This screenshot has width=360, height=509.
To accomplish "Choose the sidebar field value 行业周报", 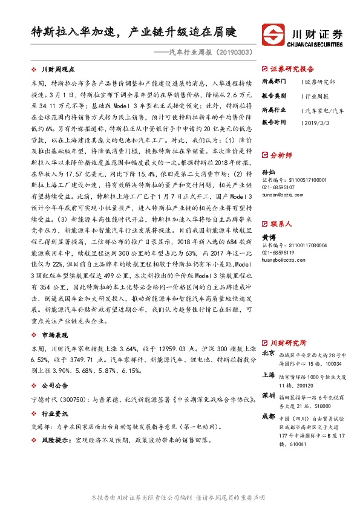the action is (x=315, y=96).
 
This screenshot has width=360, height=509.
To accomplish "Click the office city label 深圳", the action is (x=267, y=395).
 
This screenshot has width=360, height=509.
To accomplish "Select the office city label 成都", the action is (x=267, y=417).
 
